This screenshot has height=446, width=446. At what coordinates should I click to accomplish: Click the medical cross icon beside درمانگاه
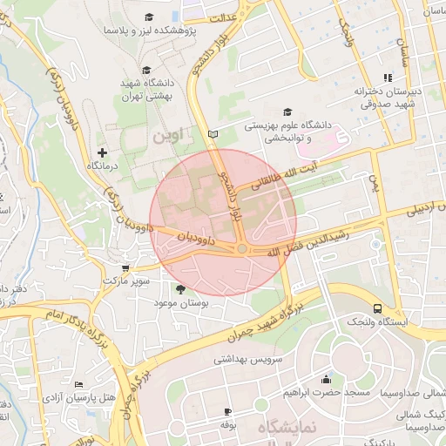click(x=102, y=152)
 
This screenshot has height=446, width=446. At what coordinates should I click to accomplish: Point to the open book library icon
click(x=213, y=134)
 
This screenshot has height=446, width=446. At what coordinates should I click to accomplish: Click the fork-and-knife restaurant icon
click(x=387, y=78)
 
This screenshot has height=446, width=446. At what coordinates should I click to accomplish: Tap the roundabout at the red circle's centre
click(x=241, y=250)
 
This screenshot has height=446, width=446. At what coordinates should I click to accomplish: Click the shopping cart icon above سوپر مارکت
click(x=126, y=268)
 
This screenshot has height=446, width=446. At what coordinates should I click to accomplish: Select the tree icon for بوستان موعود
click(x=180, y=288)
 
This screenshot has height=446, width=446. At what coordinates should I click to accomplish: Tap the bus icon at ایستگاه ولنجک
click(x=377, y=308)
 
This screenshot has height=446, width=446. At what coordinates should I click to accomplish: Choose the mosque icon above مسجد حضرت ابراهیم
click(x=326, y=379)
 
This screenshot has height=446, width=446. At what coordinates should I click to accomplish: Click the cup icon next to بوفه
click(x=228, y=410)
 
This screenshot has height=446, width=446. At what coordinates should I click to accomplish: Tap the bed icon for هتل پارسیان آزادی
click(x=79, y=384)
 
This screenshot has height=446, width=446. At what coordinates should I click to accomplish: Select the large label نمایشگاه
click(x=282, y=429)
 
